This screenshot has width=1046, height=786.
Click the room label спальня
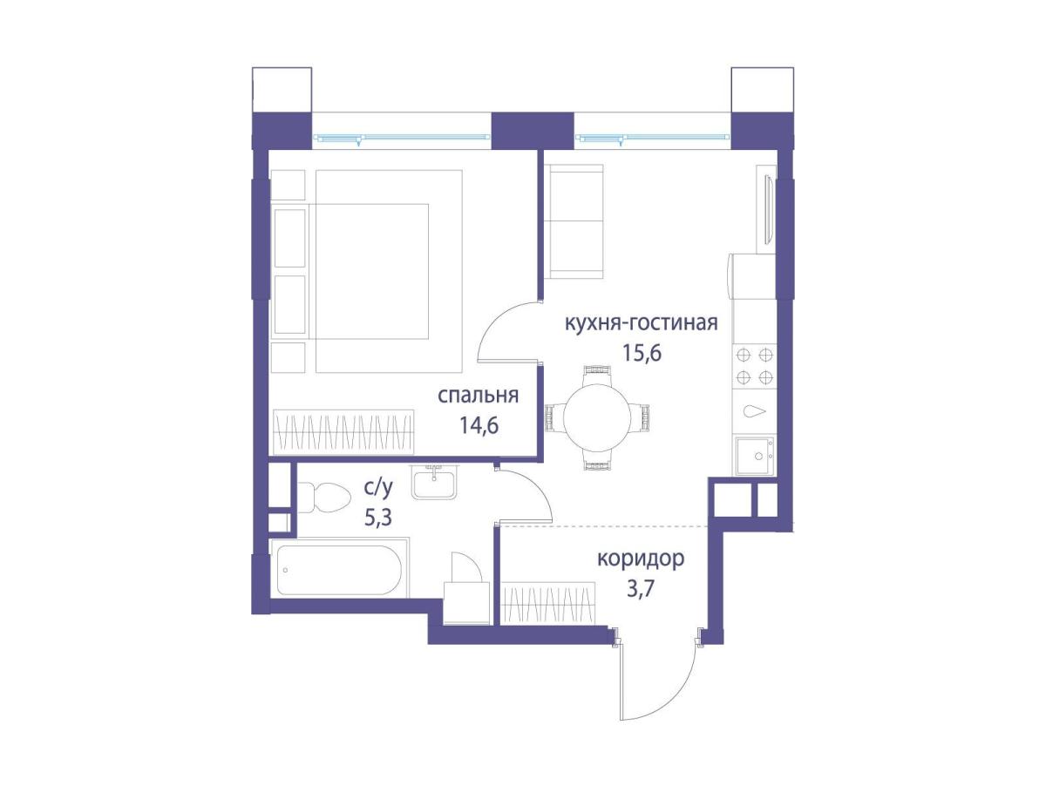click(478, 396)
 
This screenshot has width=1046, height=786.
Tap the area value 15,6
click(642, 353)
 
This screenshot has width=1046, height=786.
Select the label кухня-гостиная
click(641, 323)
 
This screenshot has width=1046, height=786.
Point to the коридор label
click(641, 559)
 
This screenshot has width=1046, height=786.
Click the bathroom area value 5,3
click(378, 518)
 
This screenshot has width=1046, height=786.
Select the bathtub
click(339, 570)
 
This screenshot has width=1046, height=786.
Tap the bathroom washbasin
click(433, 482)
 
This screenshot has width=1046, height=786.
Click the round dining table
click(596, 417)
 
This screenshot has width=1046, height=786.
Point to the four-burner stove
click(754, 366)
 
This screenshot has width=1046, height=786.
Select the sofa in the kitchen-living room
click(574, 221)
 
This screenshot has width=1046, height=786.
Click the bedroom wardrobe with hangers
click(343, 431)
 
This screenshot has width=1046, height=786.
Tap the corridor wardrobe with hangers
click(548, 602)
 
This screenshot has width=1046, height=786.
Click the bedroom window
click(401, 138)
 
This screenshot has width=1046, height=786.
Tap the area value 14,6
click(479, 425)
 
